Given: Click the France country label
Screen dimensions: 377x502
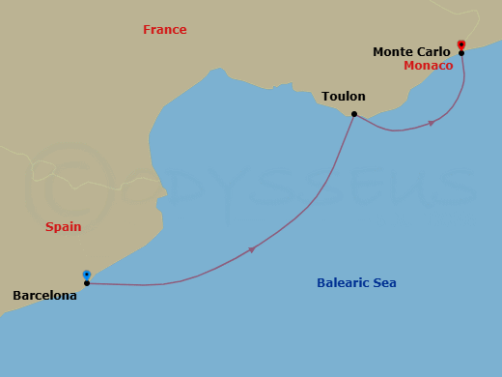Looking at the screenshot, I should tap(164, 30).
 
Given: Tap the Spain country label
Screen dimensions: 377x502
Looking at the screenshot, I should tap(63, 227).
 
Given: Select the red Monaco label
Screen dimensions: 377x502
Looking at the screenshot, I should tap(428, 66).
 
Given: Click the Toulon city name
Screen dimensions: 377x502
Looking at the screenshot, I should tap(345, 97).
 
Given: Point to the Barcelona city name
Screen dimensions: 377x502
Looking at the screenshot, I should tap(44, 296).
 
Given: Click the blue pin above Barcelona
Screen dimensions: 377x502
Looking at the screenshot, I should tap(87, 275).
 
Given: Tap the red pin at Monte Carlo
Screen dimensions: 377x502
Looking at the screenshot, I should tap(461, 44).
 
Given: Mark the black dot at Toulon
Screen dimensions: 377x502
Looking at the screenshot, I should tap(354, 115).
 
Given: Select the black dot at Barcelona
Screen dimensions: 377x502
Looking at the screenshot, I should tap(87, 283).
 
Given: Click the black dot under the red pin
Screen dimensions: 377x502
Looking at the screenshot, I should tap(461, 53).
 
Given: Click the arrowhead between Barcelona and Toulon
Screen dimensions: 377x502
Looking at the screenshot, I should tap(252, 249).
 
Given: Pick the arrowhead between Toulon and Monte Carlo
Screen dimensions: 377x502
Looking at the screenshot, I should tap(431, 123).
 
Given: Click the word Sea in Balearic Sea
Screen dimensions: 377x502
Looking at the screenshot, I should tap(384, 283).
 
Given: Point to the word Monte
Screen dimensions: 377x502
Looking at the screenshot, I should tap(393, 52).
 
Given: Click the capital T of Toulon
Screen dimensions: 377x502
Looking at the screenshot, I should tap(325, 97).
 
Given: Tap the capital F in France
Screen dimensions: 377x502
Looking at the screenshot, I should tap(147, 30).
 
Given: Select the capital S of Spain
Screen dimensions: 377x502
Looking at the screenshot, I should tap(49, 227).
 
